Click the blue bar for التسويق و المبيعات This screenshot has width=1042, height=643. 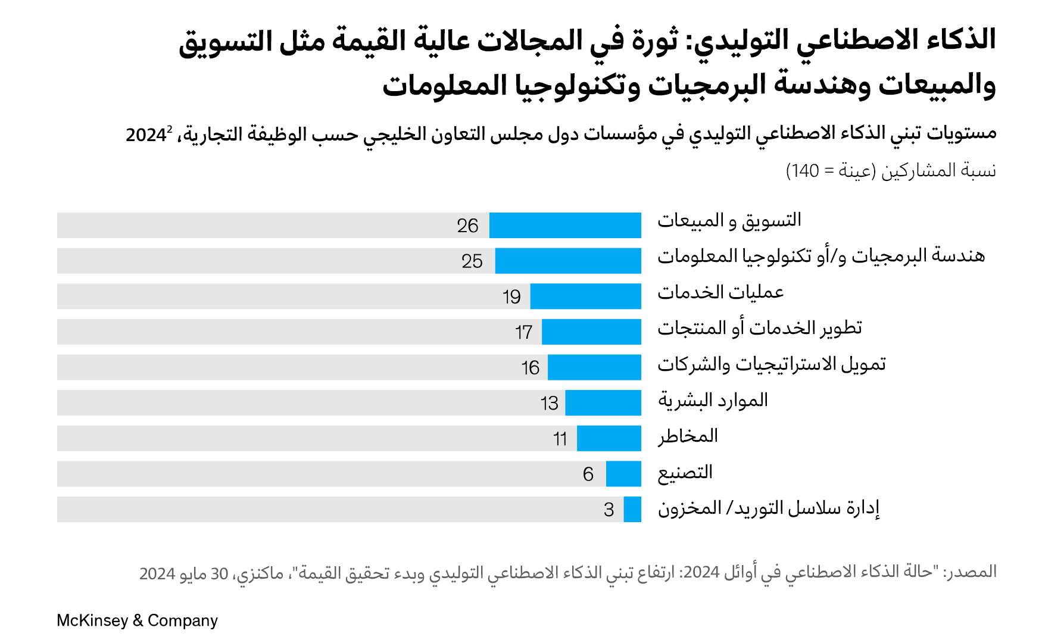coord(565,226)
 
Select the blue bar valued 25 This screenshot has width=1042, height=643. coord(568,261)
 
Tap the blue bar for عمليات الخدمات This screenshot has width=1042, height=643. coord(585,296)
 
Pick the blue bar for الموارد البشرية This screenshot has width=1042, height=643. coord(603,403)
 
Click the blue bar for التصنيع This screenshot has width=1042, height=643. coord(623,474)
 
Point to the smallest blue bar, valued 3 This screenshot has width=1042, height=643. coord(632,510)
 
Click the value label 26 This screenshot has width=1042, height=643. coord(467,226)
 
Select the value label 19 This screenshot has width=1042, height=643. coord(511,296)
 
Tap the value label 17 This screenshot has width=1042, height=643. coord(523,332)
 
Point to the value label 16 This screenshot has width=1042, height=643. coord(530,368)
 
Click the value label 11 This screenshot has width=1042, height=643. coord(560,439)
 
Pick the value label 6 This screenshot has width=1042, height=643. coord(588,474)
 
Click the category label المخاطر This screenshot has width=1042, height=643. coord(688,436)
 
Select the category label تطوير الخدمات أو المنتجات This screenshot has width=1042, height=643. coord(760,328)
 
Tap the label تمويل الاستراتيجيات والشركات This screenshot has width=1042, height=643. coord(772,364)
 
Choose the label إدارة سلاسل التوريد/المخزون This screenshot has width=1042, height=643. coord(769,508)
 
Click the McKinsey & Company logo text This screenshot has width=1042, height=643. coord(137,620)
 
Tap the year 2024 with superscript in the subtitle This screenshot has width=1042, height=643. coord(147,135)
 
